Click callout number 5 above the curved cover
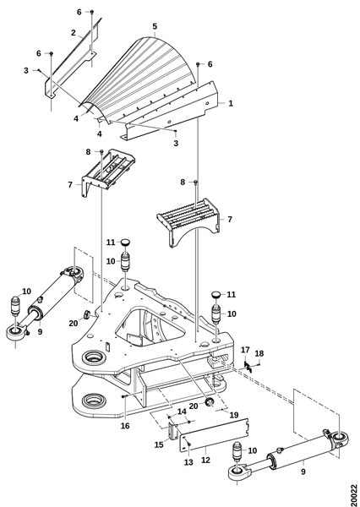pyautogui.click(x=155, y=26)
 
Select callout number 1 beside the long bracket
pyautogui.click(x=231, y=103)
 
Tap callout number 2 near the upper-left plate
pyautogui.click(x=74, y=33)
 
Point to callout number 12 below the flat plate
pyautogui.click(x=205, y=460)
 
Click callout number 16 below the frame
pyautogui.click(x=125, y=426)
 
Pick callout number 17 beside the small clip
pyautogui.click(x=246, y=350)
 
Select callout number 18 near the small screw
pyautogui.click(x=259, y=353)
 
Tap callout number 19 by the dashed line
pyautogui.click(x=234, y=415)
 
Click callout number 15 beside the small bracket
pyautogui.click(x=159, y=445)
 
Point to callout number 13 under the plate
pyautogui.click(x=188, y=462)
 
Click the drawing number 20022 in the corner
pyautogui.click(x=354, y=495)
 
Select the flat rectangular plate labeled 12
pyautogui.click(x=214, y=435)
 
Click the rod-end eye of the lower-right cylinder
pyautogui.click(x=238, y=472)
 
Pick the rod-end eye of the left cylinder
pyautogui.click(x=15, y=333)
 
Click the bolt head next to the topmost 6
pyautogui.click(x=92, y=12)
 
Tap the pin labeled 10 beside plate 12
pyautogui.click(x=238, y=450)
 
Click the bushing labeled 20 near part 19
pyautogui.click(x=210, y=402)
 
